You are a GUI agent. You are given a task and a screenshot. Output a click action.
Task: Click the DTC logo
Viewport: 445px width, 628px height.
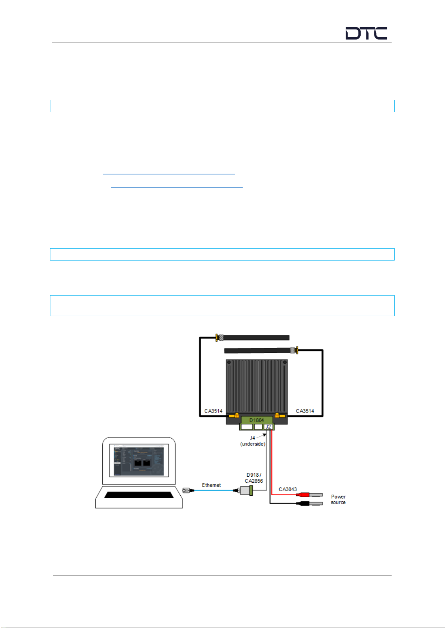[366, 34]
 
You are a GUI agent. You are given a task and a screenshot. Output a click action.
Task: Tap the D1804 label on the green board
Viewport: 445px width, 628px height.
[256, 420]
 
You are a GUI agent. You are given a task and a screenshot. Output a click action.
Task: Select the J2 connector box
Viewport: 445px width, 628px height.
[268, 427]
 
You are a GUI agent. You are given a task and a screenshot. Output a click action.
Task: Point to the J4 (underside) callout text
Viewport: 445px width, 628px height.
[252, 441]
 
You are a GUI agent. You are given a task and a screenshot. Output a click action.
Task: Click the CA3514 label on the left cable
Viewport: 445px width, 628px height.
[213, 411]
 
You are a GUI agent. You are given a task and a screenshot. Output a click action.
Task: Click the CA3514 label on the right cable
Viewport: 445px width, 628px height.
[305, 411]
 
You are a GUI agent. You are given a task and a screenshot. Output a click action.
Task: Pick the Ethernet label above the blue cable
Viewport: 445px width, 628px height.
[211, 485]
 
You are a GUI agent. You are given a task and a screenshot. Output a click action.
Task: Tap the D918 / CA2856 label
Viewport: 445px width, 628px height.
[254, 478]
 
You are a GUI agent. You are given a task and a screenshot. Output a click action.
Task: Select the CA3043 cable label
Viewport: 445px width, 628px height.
[288, 489]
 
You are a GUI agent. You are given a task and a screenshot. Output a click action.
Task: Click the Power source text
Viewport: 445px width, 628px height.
[338, 499]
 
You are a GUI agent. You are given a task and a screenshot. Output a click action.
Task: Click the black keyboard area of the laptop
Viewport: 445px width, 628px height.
[139, 495]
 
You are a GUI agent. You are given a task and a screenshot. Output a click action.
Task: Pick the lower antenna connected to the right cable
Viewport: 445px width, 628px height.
[258, 350]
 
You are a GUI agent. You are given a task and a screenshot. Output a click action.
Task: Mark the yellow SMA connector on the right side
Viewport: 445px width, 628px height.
[278, 416]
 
